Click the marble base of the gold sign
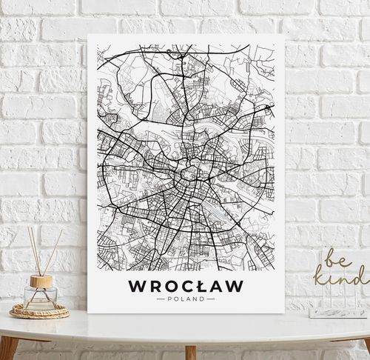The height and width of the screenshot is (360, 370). (x=337, y=312)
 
